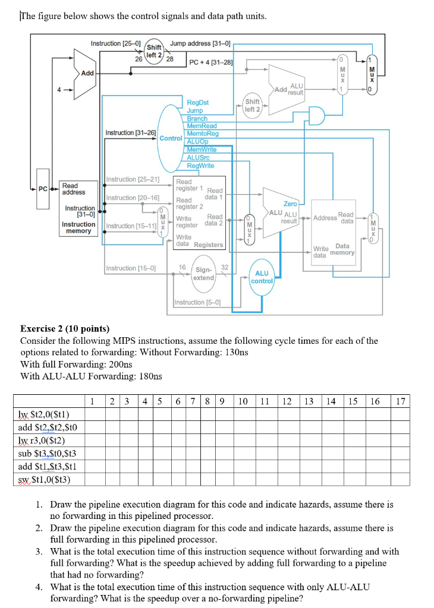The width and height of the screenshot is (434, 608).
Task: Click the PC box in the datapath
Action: coord(42,189)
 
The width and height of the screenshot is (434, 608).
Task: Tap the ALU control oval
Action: coord(263,277)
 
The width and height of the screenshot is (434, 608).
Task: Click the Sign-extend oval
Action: coord(204,273)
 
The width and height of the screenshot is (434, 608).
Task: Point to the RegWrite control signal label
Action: coord(200,166)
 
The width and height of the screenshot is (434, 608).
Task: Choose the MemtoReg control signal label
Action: coord(203,134)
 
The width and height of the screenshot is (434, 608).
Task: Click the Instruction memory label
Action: coord(78,227)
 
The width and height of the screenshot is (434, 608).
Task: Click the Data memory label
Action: coord(342,249)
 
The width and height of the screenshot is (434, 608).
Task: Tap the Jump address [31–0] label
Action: coord(200,43)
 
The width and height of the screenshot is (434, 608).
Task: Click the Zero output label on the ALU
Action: coord(290,204)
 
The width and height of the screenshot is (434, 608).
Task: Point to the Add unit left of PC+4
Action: coord(87,72)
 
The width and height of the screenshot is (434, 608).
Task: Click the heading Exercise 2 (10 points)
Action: coord(65,328)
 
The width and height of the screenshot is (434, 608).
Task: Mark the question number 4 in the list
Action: coord(38,587)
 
